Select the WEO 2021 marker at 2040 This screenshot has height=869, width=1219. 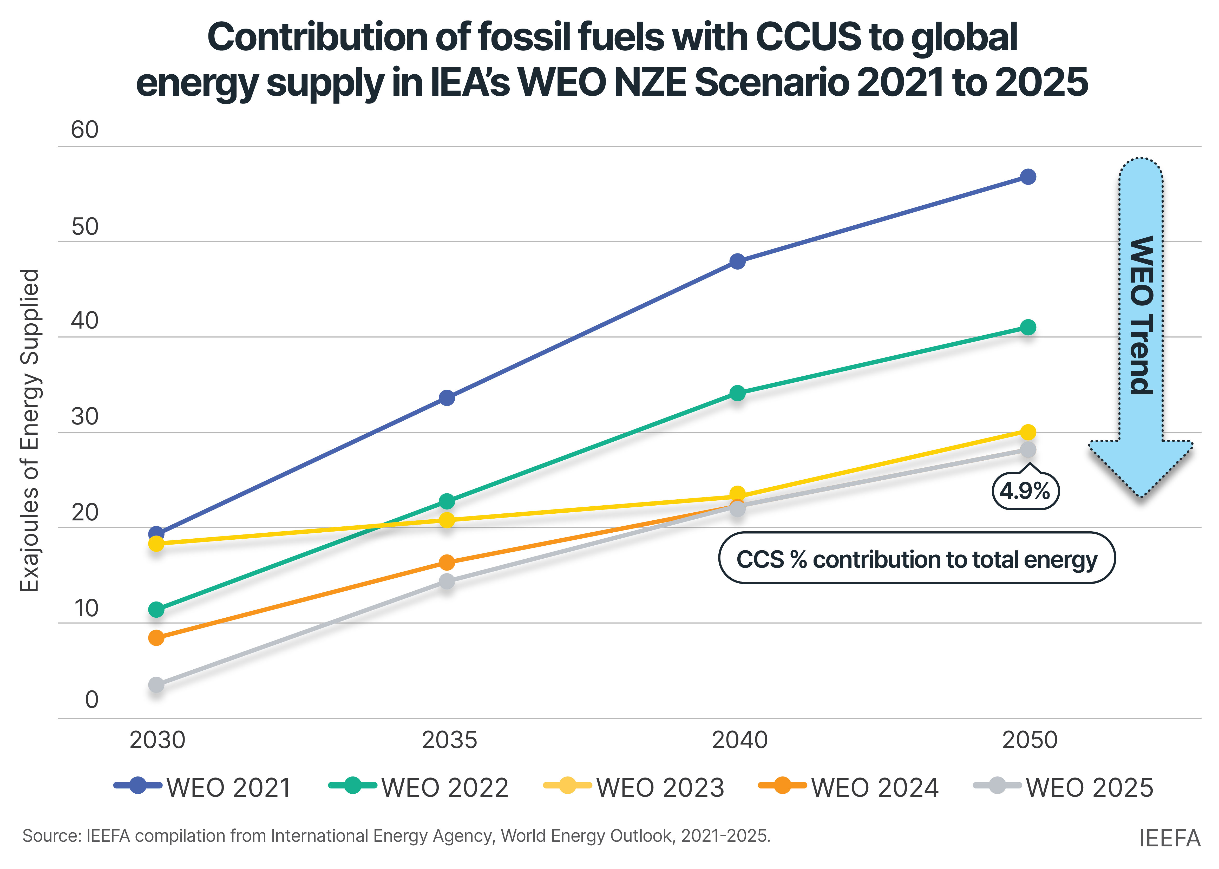click(737, 262)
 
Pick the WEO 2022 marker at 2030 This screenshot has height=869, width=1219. click(156, 610)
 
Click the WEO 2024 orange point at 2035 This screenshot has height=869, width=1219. click(447, 562)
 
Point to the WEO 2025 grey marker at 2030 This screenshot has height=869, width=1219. click(156, 685)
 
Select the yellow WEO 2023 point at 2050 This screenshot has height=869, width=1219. click(1027, 432)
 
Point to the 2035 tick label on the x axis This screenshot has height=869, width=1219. click(449, 740)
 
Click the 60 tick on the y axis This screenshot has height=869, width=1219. click(84, 130)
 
